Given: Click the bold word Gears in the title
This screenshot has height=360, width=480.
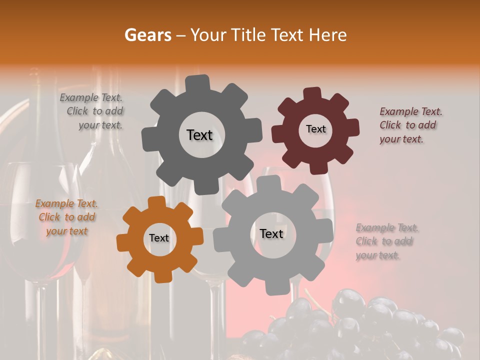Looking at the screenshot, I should (x=147, y=35).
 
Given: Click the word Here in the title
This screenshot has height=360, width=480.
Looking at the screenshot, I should (x=328, y=35).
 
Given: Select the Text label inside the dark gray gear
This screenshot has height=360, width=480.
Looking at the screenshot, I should (x=199, y=135).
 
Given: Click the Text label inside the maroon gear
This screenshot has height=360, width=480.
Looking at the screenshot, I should (x=315, y=129).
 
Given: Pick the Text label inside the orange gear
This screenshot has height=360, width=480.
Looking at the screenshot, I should (x=159, y=238).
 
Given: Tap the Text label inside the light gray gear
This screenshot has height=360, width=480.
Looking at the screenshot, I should (x=271, y=233).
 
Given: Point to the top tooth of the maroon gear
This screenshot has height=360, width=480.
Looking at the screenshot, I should (x=312, y=94).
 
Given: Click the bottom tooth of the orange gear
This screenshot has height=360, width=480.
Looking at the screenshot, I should (x=161, y=276).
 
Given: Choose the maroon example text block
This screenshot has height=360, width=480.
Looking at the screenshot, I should (x=410, y=125).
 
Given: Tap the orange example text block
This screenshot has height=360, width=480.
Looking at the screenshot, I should (x=66, y=217).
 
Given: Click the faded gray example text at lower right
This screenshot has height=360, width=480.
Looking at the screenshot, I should (x=386, y=241).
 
